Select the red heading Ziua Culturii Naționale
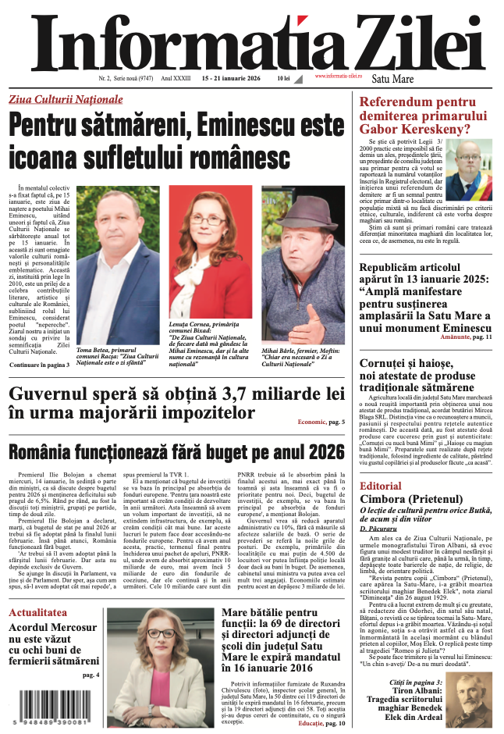pos(76,100)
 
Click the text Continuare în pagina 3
pos(40,364)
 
